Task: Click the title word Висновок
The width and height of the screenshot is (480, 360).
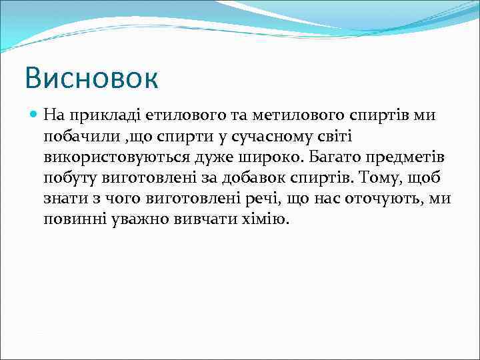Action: tap(91, 78)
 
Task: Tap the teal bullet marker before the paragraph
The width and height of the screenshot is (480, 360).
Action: tap(35, 115)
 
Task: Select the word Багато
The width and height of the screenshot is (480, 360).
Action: tap(321, 157)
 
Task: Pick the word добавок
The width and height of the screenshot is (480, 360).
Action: tap(259, 178)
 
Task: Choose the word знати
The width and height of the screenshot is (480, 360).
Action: tap(65, 199)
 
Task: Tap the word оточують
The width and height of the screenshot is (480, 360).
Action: tap(389, 199)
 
